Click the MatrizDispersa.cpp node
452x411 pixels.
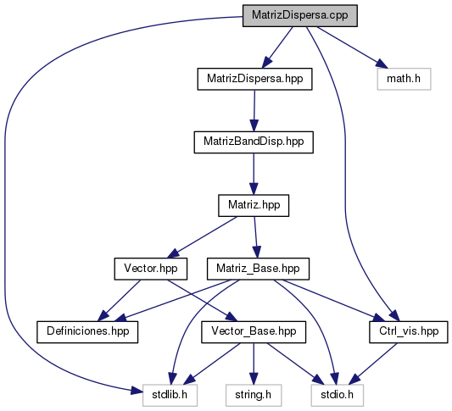pyautogui.click(x=300, y=15)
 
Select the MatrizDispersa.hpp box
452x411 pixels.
pyautogui.click(x=254, y=79)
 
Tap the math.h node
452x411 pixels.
pyautogui.click(x=404, y=79)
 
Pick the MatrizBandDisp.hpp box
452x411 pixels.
pyautogui.click(x=254, y=142)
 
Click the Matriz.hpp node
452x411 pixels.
pyautogui.click(x=254, y=206)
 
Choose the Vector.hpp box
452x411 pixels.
pyautogui.click(x=151, y=269)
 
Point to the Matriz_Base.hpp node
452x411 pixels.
pyautogui.click(x=258, y=269)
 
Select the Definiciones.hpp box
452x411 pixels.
pyautogui.click(x=87, y=332)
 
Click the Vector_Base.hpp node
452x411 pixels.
pyautogui.click(x=254, y=332)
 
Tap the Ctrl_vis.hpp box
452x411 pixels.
pyautogui.click(x=409, y=332)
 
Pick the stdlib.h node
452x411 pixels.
pyautogui.click(x=170, y=395)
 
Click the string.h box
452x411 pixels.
pyautogui.click(x=254, y=395)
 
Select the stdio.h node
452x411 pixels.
pyautogui.click(x=337, y=395)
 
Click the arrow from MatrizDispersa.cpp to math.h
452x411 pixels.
pyautogui.click(x=351, y=47)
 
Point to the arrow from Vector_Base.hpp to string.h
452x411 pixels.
pyautogui.click(x=254, y=364)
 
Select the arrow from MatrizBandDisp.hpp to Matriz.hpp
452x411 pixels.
pyautogui.click(x=254, y=174)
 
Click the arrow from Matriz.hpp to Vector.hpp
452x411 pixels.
pyautogui.click(x=202, y=237)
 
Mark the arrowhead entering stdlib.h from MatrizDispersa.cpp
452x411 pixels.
pyautogui.click(x=137, y=392)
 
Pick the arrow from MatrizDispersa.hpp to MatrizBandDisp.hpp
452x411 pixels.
pyautogui.click(x=254, y=111)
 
